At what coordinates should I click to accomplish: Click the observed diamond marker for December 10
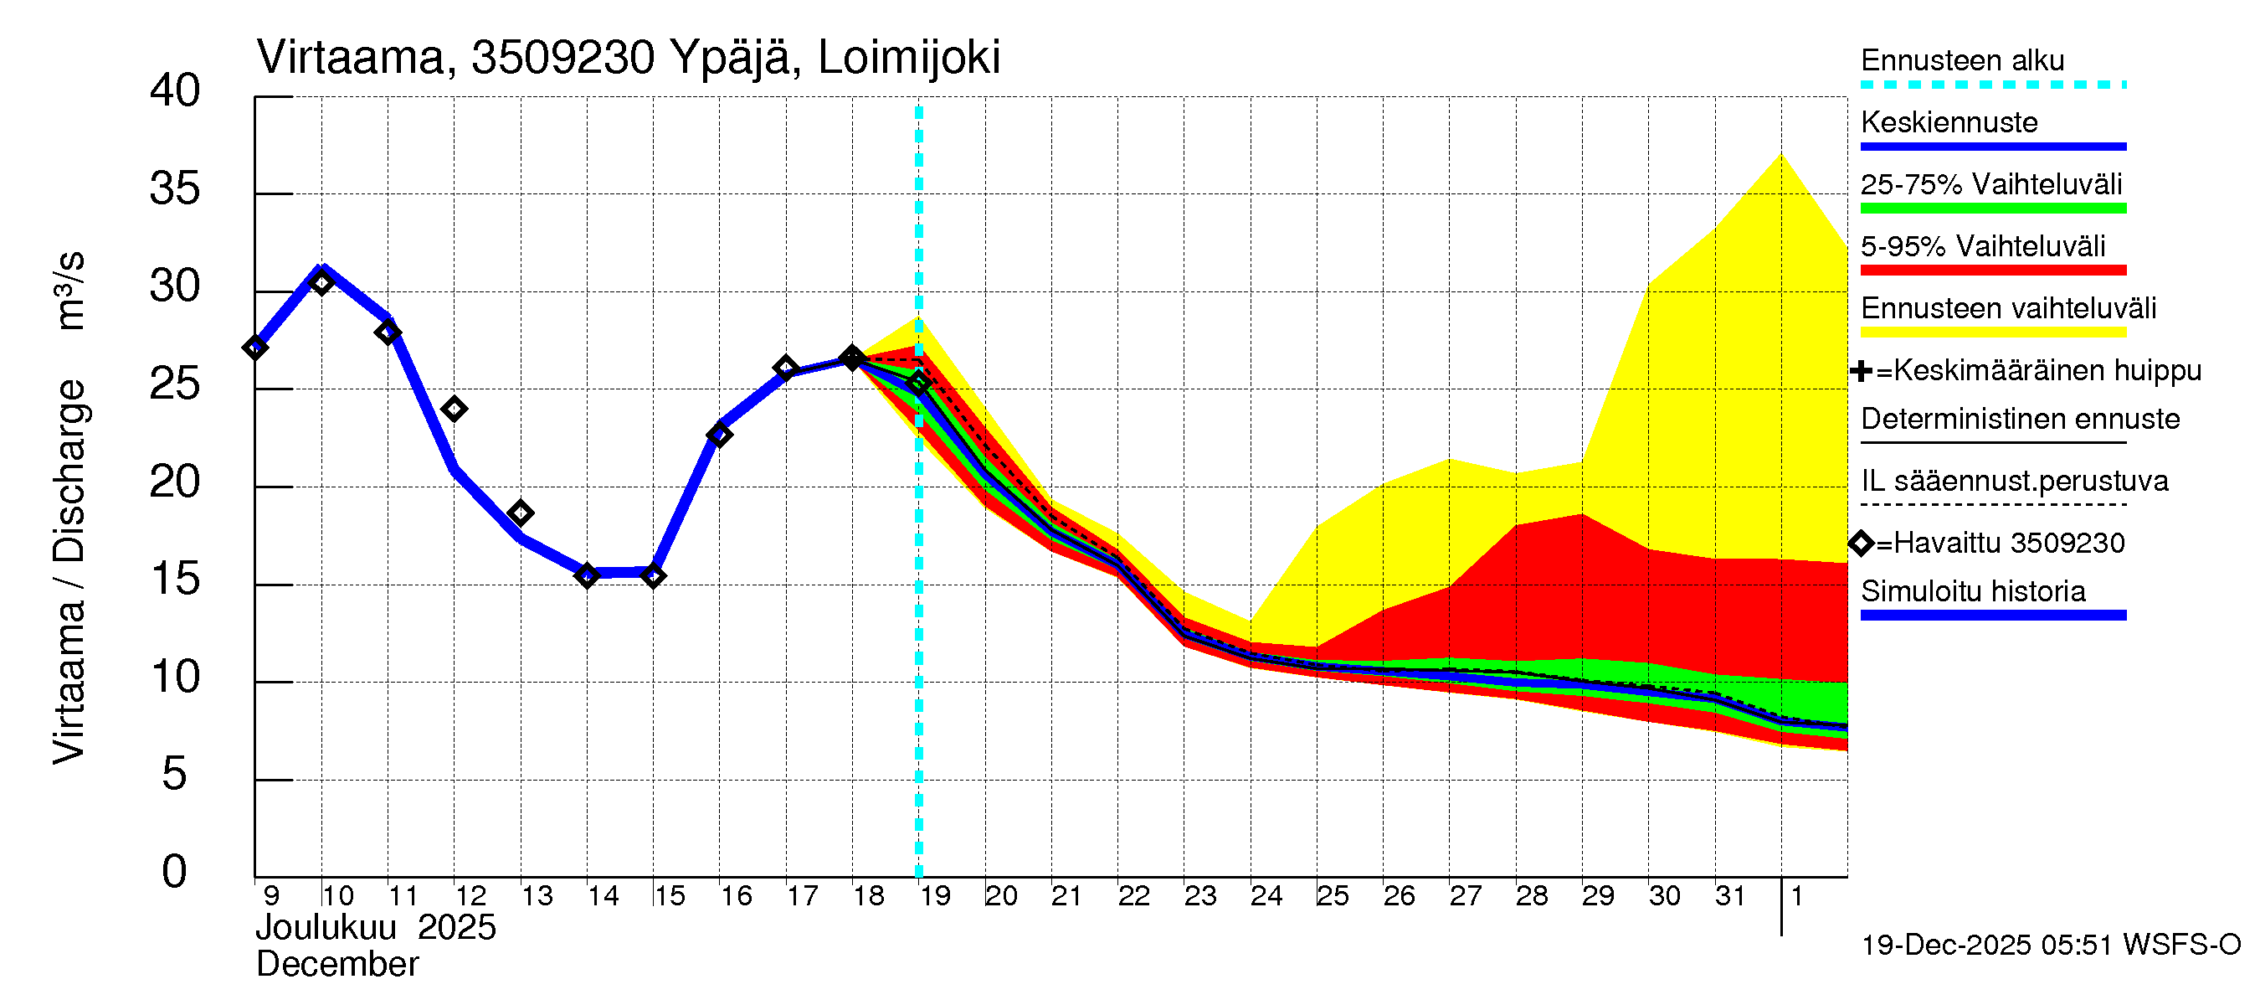click(x=321, y=282)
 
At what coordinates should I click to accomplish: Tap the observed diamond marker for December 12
click(x=454, y=409)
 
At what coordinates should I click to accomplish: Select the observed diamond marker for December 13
click(x=521, y=513)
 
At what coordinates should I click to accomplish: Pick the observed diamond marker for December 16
click(x=719, y=435)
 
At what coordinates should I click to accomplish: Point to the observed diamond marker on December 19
click(x=918, y=384)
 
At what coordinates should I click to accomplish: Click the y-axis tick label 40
click(x=175, y=91)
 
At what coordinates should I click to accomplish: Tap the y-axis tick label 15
click(x=175, y=580)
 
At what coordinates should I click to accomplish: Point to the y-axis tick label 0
click(x=175, y=872)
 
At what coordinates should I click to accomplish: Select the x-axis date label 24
click(x=1266, y=896)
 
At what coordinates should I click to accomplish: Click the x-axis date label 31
click(x=1730, y=896)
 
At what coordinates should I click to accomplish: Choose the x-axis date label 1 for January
click(x=1796, y=896)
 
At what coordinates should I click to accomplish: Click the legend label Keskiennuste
click(x=1949, y=122)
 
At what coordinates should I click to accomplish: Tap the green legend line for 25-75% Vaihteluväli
click(x=1992, y=209)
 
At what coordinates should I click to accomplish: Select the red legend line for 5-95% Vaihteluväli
click(x=1992, y=271)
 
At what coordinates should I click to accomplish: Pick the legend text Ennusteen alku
click(x=1962, y=60)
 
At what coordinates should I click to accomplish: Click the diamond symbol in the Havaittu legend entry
click(x=1861, y=544)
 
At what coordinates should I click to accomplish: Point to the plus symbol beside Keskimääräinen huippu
click(x=1860, y=371)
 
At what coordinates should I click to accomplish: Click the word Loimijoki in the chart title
click(x=908, y=58)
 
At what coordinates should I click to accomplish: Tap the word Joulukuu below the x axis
click(x=326, y=928)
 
